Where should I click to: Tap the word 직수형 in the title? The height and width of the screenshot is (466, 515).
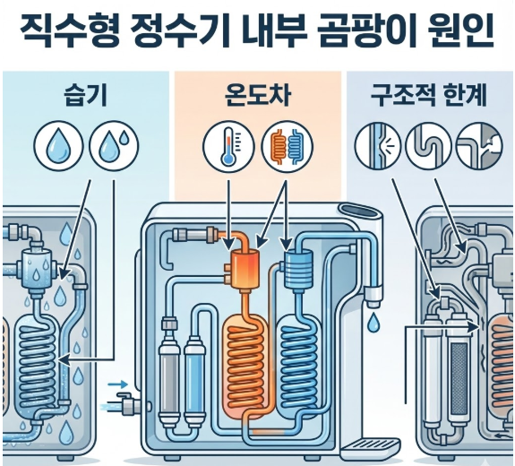[70, 30]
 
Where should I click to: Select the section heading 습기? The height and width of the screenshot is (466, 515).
[86, 95]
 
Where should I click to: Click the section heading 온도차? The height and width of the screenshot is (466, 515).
[258, 95]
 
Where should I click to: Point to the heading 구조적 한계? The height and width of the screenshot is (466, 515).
[429, 95]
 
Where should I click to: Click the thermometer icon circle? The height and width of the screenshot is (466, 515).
[228, 147]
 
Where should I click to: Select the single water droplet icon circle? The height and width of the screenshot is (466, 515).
[59, 145]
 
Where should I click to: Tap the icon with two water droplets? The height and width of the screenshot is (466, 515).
[114, 145]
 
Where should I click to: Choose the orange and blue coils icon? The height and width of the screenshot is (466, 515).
[288, 147]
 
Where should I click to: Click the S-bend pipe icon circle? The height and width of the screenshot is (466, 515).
[429, 144]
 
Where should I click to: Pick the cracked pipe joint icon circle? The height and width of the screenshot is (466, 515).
[479, 144]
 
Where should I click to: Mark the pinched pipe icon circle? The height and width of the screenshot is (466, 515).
[378, 144]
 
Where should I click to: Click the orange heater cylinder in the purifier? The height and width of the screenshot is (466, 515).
[245, 269]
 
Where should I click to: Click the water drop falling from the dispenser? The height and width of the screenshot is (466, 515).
[372, 323]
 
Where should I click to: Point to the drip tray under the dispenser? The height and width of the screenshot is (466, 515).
[370, 446]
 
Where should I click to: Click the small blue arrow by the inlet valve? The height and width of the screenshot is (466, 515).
[117, 384]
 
